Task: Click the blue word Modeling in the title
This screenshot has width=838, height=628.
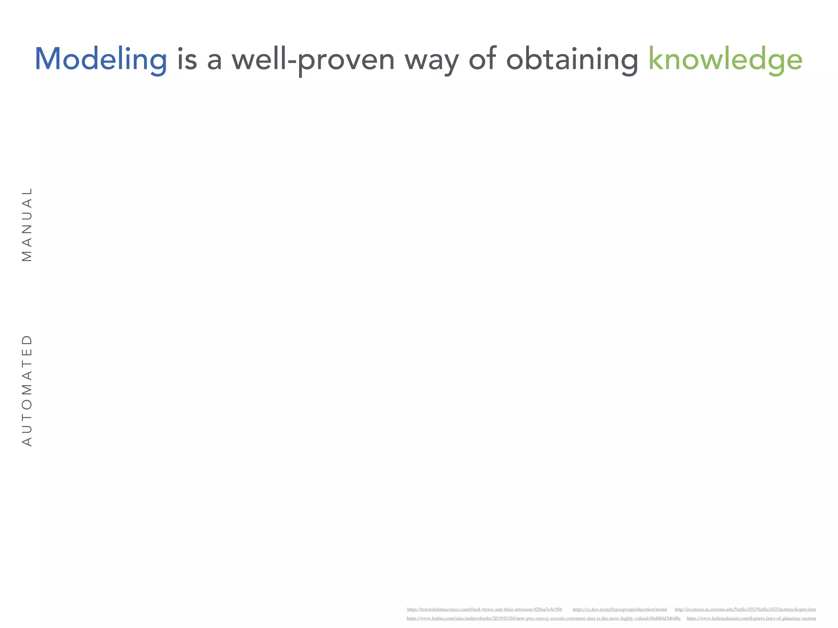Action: pos(101,60)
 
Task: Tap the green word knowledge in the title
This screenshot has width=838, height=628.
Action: pos(725,60)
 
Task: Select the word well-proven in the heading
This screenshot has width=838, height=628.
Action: pos(313,60)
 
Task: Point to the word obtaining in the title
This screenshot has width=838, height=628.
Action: pos(572,60)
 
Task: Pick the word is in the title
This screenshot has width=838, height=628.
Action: pos(187,60)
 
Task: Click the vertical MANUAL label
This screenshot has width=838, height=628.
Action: pos(27,224)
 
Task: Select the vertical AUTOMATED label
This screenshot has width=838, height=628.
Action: pos(27,390)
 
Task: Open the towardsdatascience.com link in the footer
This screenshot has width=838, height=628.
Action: pos(484,609)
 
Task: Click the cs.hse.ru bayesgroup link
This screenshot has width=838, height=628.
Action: pos(619,609)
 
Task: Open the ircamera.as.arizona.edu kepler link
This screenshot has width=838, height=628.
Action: pos(745,609)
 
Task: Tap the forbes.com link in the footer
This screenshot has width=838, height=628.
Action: pos(543,618)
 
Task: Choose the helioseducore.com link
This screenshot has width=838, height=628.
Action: pos(751,618)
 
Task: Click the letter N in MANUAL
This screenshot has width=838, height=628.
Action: pos(27,229)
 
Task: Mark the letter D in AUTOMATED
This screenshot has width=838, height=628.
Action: pos(27,340)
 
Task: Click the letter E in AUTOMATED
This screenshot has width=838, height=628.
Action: pos(27,352)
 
